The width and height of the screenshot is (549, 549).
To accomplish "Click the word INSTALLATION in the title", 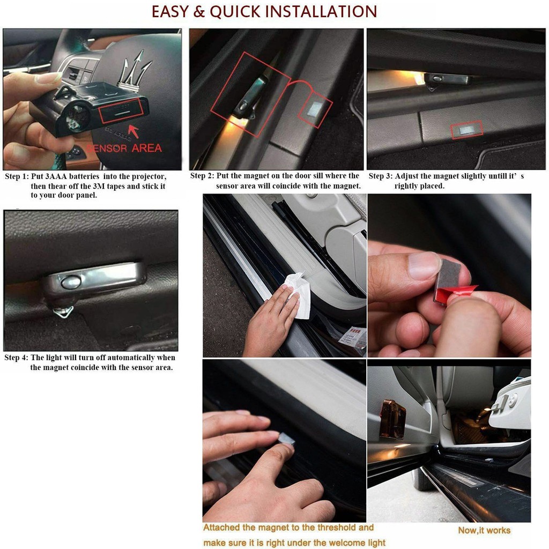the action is click(321, 11).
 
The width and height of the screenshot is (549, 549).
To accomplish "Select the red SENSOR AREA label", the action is click(124, 148).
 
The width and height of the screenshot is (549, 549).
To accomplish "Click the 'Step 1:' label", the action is click(17, 176).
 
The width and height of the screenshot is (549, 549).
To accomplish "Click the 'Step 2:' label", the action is click(202, 176).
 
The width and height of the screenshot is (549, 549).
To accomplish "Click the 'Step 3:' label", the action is click(381, 176).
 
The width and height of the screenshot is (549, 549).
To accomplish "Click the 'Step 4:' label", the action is click(16, 358).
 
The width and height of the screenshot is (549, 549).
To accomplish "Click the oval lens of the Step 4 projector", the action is click(71, 282).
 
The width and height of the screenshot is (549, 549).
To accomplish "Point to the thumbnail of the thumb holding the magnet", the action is click(424, 265).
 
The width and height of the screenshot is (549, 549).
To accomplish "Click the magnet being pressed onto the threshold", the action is click(286, 438).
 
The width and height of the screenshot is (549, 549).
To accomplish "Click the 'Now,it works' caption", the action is click(484, 530).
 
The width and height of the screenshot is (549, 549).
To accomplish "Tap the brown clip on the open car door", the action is click(393, 419).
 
